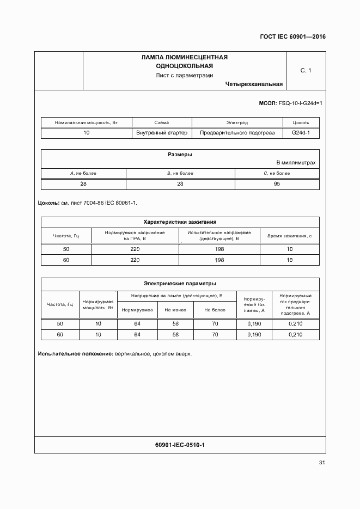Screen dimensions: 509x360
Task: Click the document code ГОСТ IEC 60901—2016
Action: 292,38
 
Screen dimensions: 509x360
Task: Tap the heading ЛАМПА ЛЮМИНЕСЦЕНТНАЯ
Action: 184,57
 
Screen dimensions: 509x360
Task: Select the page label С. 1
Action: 306,70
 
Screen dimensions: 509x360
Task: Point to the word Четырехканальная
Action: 253,84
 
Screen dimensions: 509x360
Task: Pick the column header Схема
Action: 162,122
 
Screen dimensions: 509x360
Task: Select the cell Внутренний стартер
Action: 162,133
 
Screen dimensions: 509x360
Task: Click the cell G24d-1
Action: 301,133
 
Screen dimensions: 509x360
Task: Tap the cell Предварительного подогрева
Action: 237,133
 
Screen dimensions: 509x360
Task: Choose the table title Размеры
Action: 180,155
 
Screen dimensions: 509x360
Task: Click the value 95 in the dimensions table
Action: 277,184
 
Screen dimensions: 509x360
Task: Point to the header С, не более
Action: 277,173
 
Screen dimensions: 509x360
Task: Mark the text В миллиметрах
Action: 296,163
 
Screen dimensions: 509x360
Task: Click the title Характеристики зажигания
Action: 180,222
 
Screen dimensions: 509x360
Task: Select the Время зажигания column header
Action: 289,236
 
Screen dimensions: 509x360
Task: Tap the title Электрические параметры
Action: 180,283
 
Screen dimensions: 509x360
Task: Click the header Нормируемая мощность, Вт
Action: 98,304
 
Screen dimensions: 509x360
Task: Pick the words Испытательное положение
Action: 75,354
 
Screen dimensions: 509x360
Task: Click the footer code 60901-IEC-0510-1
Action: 180,445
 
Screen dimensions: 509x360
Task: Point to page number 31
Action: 322,463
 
